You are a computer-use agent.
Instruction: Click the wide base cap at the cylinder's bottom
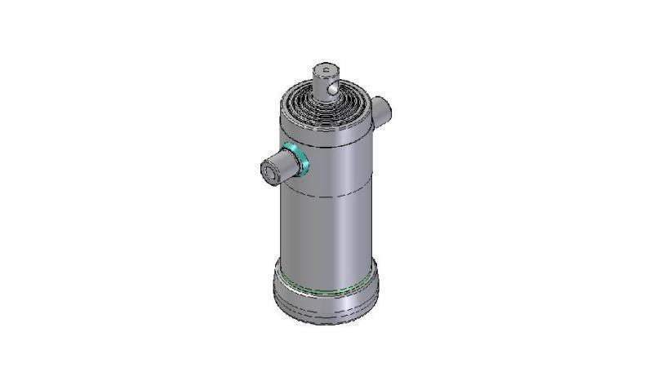click(326, 298)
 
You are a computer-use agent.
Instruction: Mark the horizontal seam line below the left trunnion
click(326, 193)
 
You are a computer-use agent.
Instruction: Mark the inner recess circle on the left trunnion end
click(269, 172)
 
